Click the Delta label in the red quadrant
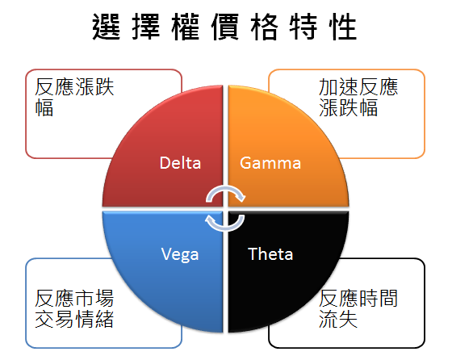180,163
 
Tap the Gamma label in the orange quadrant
270,163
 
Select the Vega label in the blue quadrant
180,254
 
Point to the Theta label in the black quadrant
270,254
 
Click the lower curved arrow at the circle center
225,228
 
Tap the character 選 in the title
106,27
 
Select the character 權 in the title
186,27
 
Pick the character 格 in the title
265,27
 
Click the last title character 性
343,27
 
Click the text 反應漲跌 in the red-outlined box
74,86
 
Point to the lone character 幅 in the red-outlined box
44,107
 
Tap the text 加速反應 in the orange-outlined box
358,86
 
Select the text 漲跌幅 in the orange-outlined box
348,107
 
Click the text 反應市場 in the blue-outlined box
74,299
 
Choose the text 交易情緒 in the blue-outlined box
74,319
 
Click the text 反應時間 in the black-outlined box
358,299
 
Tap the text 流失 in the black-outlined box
338,319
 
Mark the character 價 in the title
225,27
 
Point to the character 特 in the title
303,27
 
